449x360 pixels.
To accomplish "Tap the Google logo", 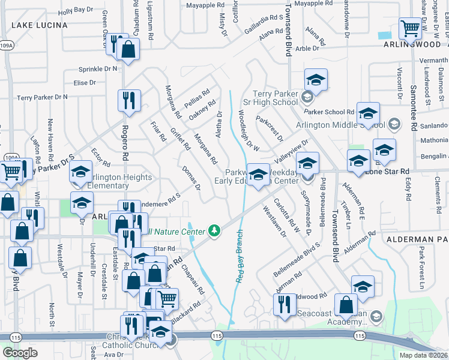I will click(x=20, y=353).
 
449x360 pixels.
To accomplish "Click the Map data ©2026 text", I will click(x=423, y=355).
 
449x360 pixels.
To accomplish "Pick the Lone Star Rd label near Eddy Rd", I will click(x=387, y=171).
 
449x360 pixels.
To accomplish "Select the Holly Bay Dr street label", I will click(x=76, y=10).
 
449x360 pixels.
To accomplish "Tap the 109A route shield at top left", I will click(x=7, y=45).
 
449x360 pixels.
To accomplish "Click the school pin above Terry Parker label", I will click(x=316, y=80).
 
